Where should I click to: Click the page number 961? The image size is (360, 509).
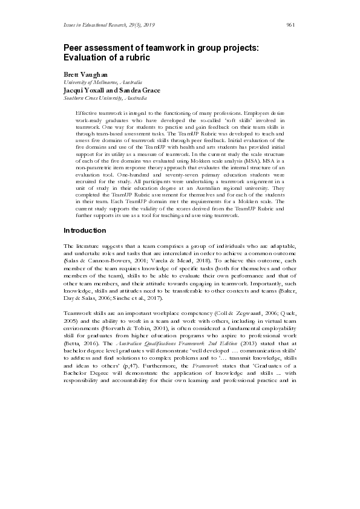(290, 25)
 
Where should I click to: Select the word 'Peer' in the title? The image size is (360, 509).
(74, 48)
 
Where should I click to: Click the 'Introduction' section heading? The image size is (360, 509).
(85, 231)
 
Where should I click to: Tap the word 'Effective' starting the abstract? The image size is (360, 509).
(87, 113)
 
